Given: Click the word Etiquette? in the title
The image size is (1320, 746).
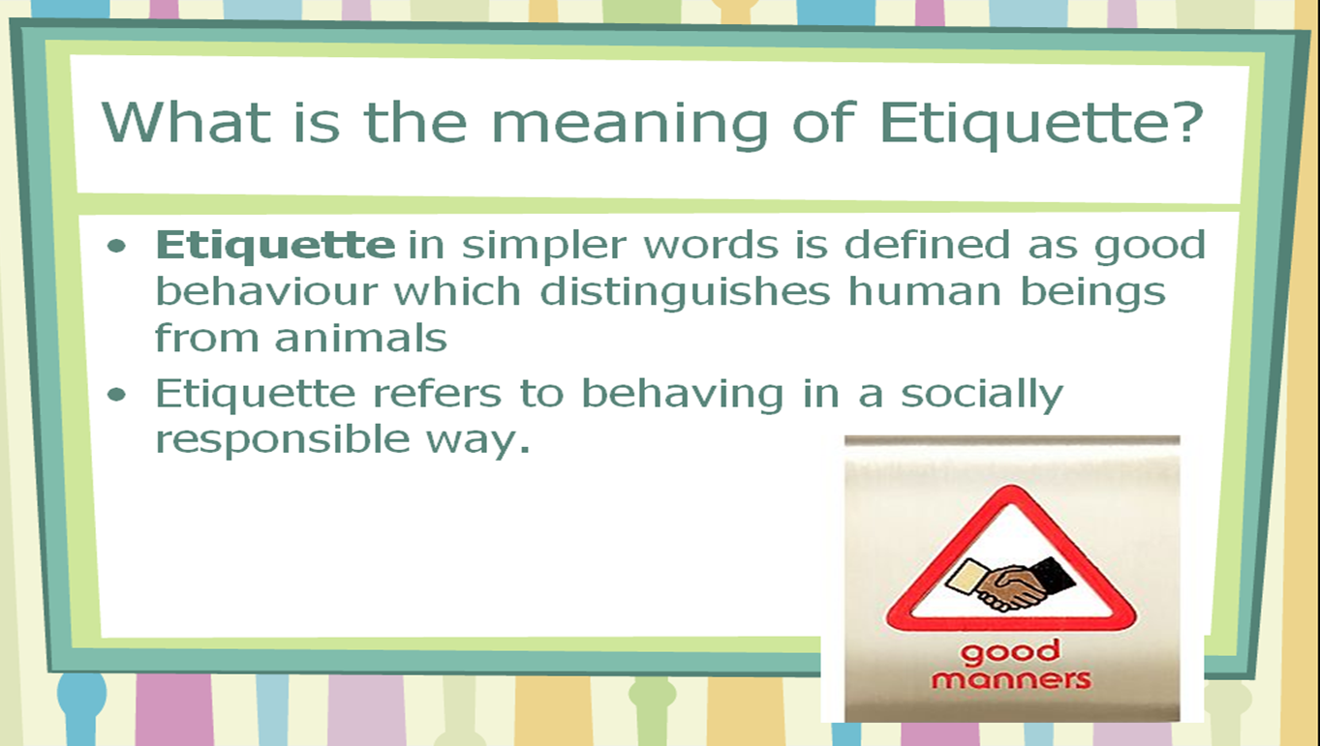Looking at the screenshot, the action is [x=1041, y=123].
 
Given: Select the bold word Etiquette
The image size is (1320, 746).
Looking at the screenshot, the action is [x=275, y=245].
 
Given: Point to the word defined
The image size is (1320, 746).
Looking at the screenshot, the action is [x=927, y=245].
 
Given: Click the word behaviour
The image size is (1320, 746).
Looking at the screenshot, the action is [x=266, y=291].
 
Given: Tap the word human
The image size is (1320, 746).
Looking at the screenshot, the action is [x=925, y=291].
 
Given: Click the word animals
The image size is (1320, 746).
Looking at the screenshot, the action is [x=360, y=338].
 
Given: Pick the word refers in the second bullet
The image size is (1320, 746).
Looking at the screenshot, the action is [x=437, y=393].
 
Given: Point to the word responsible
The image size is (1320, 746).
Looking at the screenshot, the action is [x=282, y=441].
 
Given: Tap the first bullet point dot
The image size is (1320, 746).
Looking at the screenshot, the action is [x=116, y=246].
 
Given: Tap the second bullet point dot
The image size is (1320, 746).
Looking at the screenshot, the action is [x=116, y=394].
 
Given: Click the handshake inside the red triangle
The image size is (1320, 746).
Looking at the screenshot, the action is [x=1010, y=583].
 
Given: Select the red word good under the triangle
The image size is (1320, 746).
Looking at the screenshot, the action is [x=1010, y=652].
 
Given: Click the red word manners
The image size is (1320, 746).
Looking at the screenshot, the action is [x=1011, y=680].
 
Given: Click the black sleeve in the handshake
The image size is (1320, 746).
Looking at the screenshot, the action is [x=1053, y=576].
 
